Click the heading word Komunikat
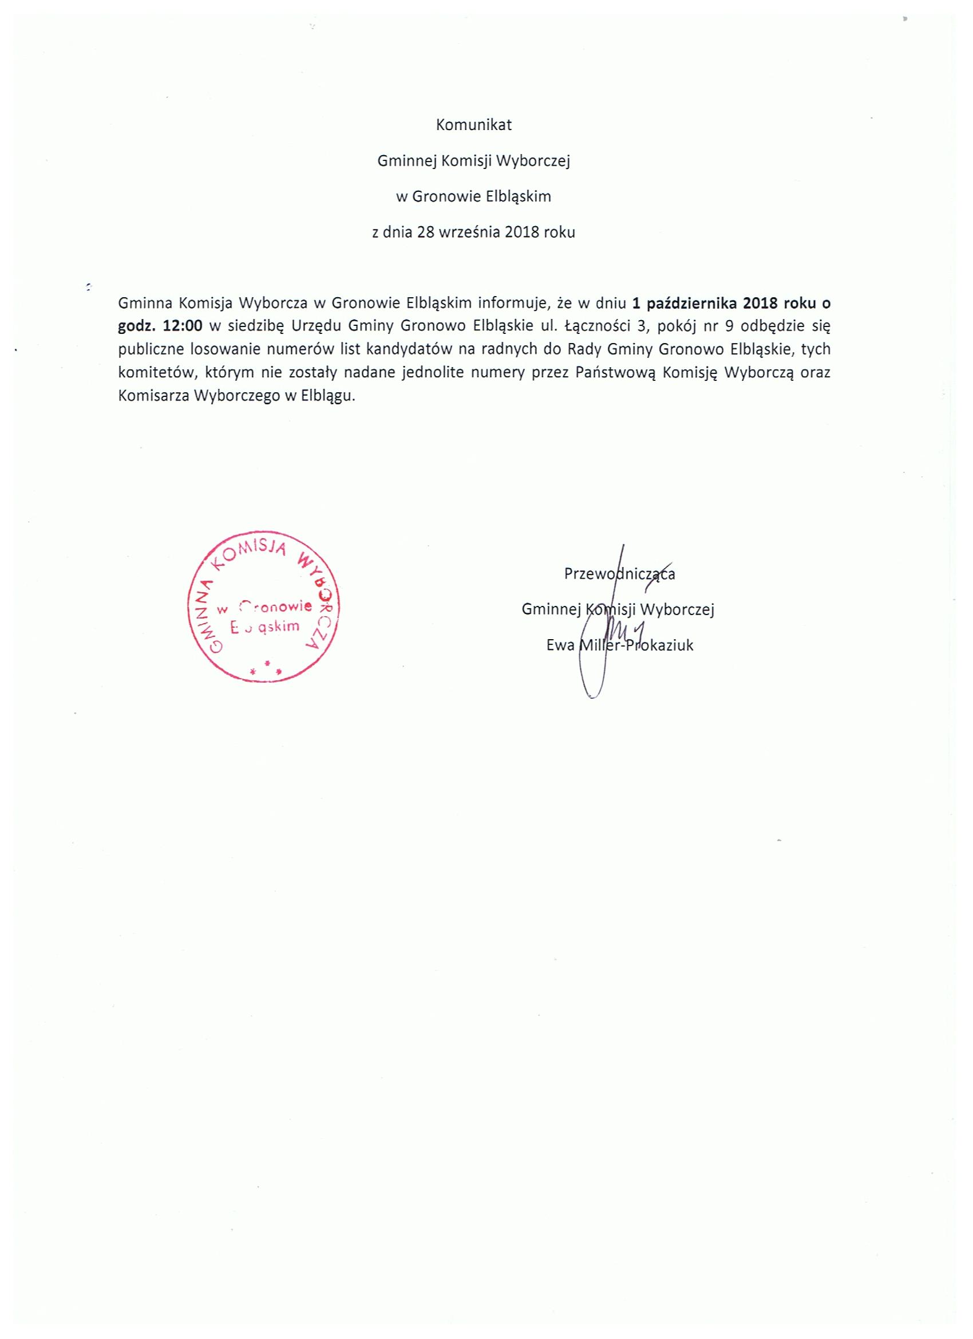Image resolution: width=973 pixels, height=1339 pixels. tap(473, 125)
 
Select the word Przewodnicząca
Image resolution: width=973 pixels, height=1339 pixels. tap(619, 574)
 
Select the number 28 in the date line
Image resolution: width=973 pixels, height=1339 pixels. tap(425, 232)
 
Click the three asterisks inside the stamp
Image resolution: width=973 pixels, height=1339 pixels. tap(266, 669)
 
